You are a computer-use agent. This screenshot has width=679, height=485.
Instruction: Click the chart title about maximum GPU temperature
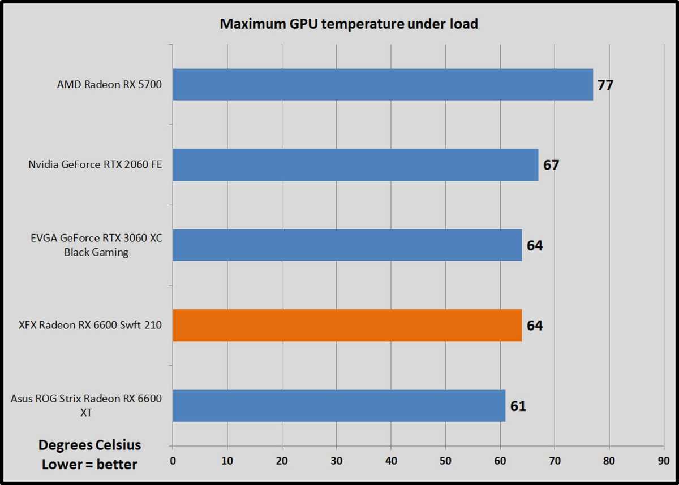tap(349, 24)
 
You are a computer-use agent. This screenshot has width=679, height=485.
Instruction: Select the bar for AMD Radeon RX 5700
tap(383, 85)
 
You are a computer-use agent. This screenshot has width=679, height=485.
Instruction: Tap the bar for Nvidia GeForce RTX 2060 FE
tap(355, 165)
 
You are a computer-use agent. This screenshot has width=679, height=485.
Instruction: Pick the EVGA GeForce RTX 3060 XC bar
tap(347, 245)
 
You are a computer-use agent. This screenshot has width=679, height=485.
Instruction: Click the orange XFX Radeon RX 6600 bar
tap(347, 325)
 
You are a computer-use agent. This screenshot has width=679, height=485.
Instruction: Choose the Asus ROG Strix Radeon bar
tap(339, 405)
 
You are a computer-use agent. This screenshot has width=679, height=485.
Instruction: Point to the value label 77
tap(605, 85)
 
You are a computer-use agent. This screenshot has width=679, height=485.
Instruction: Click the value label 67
tap(551, 166)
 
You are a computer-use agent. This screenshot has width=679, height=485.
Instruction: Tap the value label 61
tap(518, 406)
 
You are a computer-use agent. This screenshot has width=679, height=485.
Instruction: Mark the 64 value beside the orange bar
tap(535, 326)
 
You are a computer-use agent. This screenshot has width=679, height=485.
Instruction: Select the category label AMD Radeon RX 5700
tap(109, 85)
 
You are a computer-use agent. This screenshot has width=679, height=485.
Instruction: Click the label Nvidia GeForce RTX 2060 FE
tap(95, 165)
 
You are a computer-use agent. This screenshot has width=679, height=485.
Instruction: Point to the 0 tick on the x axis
tap(173, 460)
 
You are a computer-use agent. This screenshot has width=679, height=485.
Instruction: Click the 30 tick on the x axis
tap(336, 460)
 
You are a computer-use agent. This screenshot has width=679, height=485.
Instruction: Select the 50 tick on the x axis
tap(445, 460)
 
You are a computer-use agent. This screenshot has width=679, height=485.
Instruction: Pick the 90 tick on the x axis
tap(664, 460)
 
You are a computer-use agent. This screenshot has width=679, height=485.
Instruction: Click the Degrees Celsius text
tap(89, 445)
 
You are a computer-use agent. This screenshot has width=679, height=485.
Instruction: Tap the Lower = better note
tap(89, 464)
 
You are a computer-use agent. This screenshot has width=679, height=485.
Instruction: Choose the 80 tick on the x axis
tap(609, 460)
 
